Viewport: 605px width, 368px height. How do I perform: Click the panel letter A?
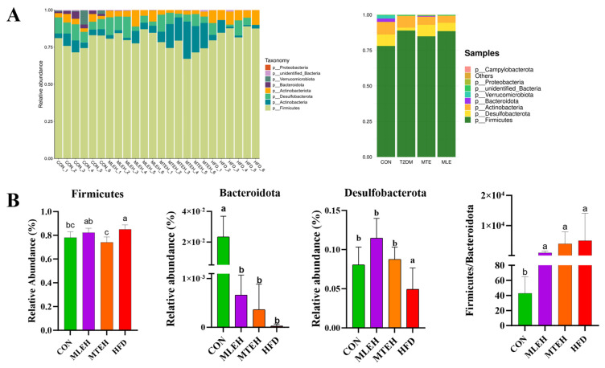(11, 14)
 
